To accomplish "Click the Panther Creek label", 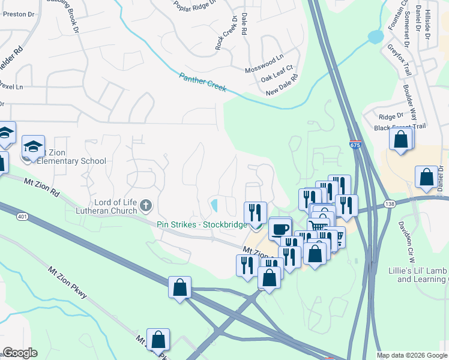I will [x=202, y=82].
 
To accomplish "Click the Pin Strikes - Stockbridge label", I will [x=202, y=224].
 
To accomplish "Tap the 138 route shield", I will [x=390, y=205].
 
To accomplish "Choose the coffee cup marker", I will [x=280, y=228].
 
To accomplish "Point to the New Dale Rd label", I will [x=282, y=85].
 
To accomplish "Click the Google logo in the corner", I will [x=20, y=353].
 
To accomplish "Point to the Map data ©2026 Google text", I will [x=412, y=355].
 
